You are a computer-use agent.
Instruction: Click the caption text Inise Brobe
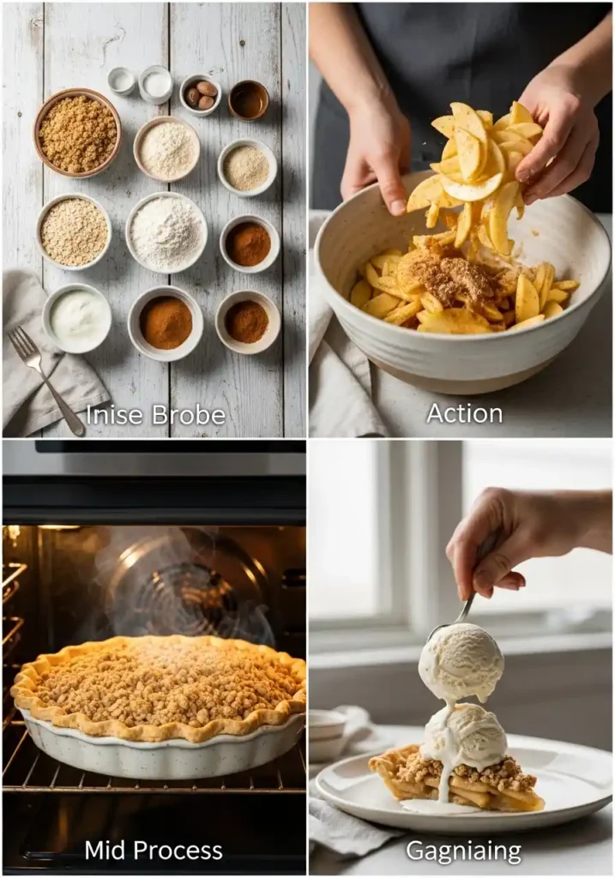tap(156, 415)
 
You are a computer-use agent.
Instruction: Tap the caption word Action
tap(464, 413)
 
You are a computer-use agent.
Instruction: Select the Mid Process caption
tap(154, 851)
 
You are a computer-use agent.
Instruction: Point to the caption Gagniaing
tap(463, 851)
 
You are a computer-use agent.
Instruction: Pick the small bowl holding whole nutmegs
tap(200, 94)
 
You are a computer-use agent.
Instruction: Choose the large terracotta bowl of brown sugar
tap(77, 133)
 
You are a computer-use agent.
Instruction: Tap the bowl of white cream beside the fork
tap(77, 318)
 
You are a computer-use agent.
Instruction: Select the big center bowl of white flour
tap(166, 232)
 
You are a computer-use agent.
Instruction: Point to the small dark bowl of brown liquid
tap(249, 100)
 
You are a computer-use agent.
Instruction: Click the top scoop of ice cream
tap(461, 663)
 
